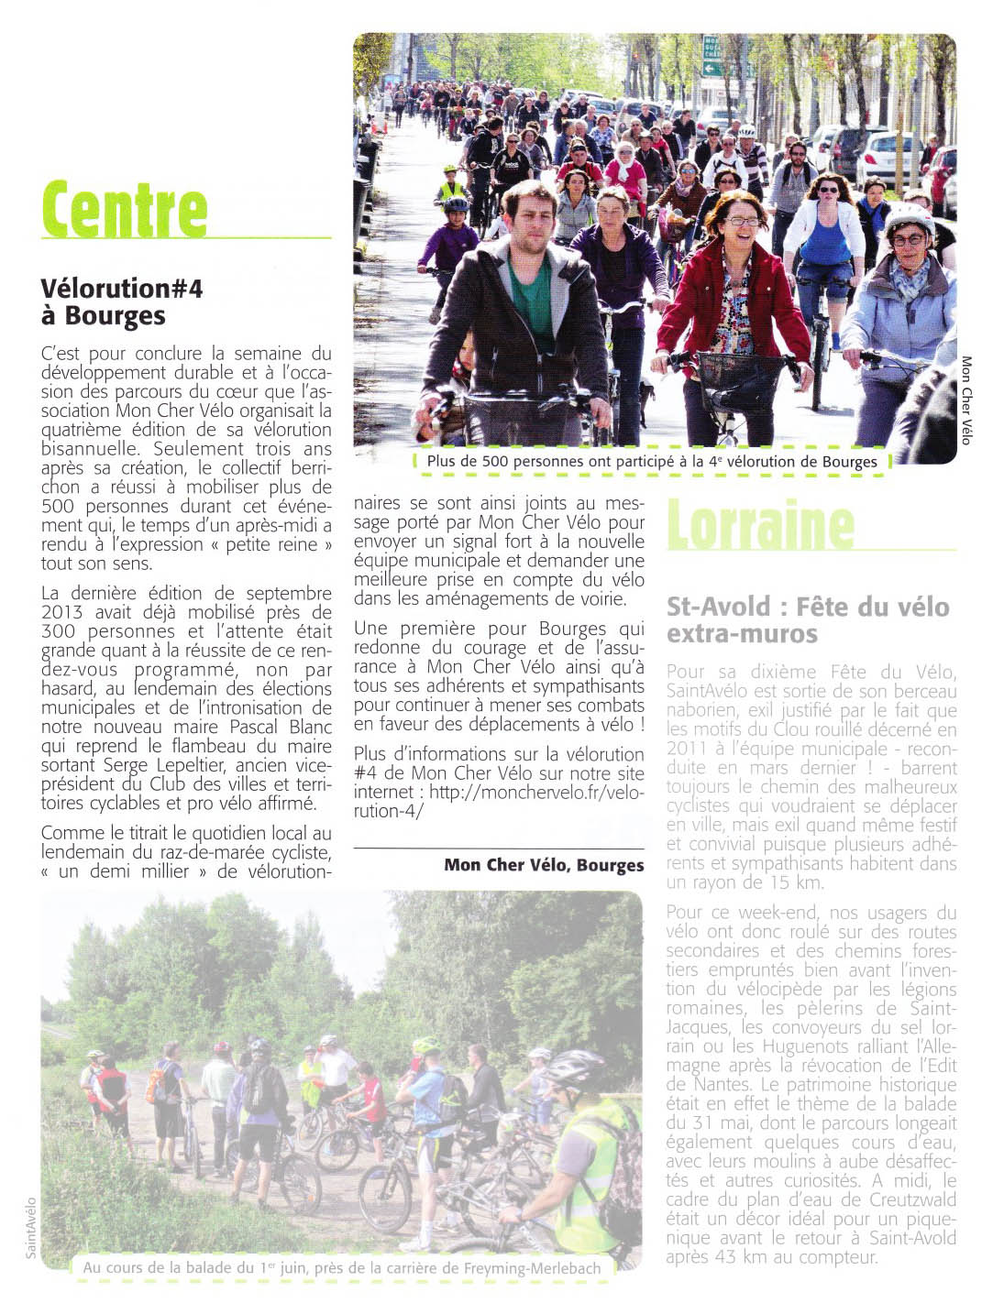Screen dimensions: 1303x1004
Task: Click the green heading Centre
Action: (125, 210)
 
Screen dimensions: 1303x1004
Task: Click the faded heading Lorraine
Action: (760, 525)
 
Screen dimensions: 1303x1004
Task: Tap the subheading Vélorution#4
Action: (122, 289)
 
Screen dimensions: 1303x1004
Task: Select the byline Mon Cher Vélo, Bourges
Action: (544, 865)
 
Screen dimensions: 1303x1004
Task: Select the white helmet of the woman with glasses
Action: (908, 216)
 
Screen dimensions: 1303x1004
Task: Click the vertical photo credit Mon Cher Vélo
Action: (965, 400)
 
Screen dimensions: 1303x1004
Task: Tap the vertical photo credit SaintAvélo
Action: (30, 1227)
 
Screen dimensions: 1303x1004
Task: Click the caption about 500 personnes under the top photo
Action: (652, 462)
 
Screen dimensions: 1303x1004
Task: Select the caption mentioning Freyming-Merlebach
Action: (341, 1268)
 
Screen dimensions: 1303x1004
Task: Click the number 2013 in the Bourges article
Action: (61, 613)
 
